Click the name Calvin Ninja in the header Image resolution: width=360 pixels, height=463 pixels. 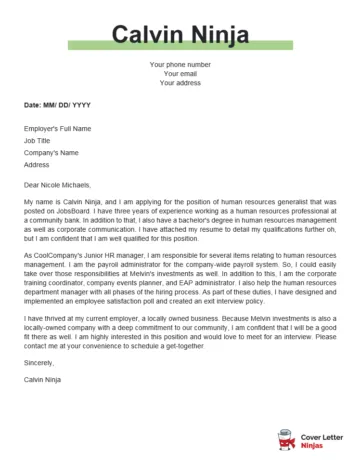(x=180, y=37)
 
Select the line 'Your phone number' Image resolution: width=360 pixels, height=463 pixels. (x=180, y=65)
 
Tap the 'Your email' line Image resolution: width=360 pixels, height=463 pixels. (x=180, y=74)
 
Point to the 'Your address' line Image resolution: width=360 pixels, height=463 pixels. (x=180, y=83)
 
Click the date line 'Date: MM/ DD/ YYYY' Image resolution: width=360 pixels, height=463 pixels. (x=57, y=104)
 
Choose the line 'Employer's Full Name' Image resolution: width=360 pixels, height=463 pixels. (x=57, y=128)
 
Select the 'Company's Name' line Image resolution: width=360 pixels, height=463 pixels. (x=51, y=152)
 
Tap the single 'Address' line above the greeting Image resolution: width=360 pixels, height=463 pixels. (x=37, y=164)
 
